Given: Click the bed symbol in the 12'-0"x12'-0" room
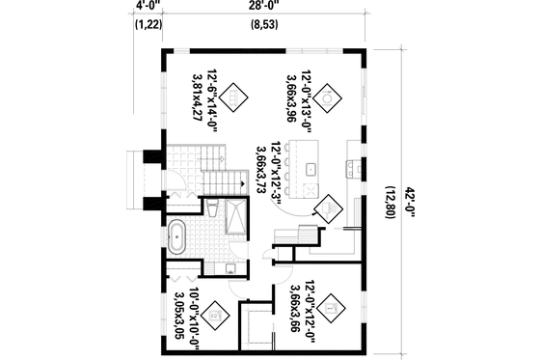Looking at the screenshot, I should pos(331,307).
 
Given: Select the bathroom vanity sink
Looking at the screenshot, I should pos(231,267).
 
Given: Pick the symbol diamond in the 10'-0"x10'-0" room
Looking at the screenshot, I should pos(218,312).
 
